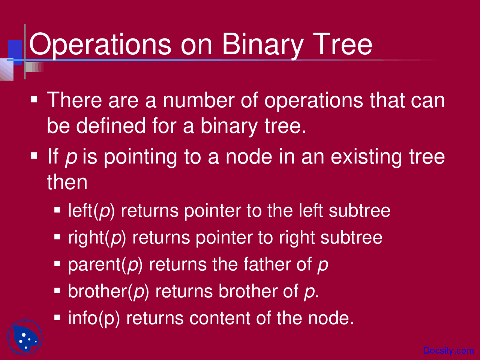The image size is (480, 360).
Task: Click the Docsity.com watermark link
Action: tap(448, 351)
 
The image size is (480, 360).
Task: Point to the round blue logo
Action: tap(25, 337)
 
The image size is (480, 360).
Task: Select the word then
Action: tap(67, 182)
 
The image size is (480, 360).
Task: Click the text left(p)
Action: tap(91, 211)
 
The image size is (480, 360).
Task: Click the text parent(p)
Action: tap(105, 265)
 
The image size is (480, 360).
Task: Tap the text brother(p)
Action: tap(108, 291)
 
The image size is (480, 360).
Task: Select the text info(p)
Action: tap(94, 318)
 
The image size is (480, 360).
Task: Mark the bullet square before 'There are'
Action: tap(34, 100)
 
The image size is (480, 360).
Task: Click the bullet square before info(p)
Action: tap(57, 318)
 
